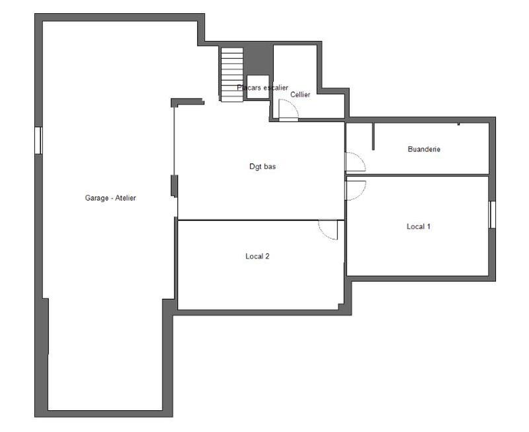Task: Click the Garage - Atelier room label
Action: pyautogui.click(x=110, y=198)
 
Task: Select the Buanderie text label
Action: pyautogui.click(x=424, y=150)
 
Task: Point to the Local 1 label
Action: pyautogui.click(x=419, y=226)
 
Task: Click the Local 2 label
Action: pyautogui.click(x=257, y=256)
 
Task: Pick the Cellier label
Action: pyautogui.click(x=300, y=95)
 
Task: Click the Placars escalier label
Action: pyautogui.click(x=263, y=87)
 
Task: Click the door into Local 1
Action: pyautogui.click(x=355, y=189)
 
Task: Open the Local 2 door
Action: pyautogui.click(x=329, y=229)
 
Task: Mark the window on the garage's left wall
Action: pyautogui.click(x=39, y=140)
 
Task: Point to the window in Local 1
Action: pyautogui.click(x=491, y=214)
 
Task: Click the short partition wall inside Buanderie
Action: pyautogui.click(x=373, y=136)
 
